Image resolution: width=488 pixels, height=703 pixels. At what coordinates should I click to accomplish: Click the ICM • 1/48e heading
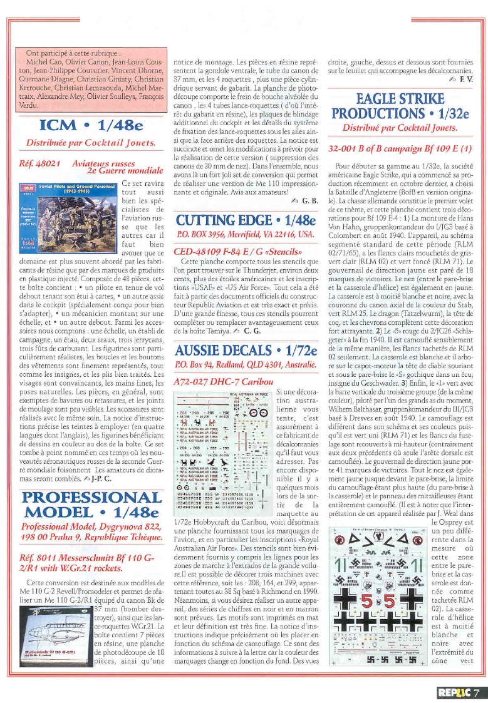(x=90, y=125)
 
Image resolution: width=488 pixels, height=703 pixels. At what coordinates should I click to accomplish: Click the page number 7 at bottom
(x=477, y=692)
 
